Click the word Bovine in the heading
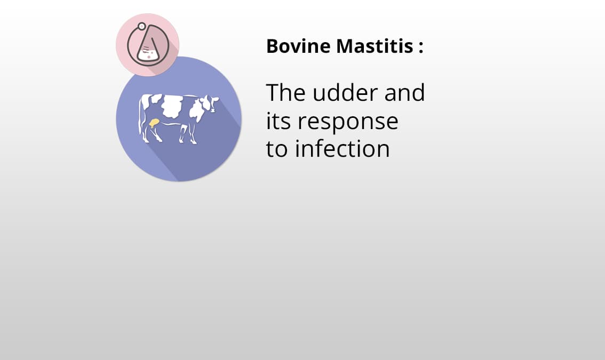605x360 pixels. (298, 46)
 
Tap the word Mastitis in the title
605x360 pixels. (375, 46)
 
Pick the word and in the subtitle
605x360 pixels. (404, 93)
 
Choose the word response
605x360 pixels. (348, 123)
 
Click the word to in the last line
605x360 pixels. (277, 149)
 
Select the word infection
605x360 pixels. (342, 149)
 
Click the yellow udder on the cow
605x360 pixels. (154, 123)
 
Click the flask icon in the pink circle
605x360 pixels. (148, 45)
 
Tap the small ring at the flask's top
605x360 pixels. (141, 26)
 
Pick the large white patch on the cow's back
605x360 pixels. (171, 106)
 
